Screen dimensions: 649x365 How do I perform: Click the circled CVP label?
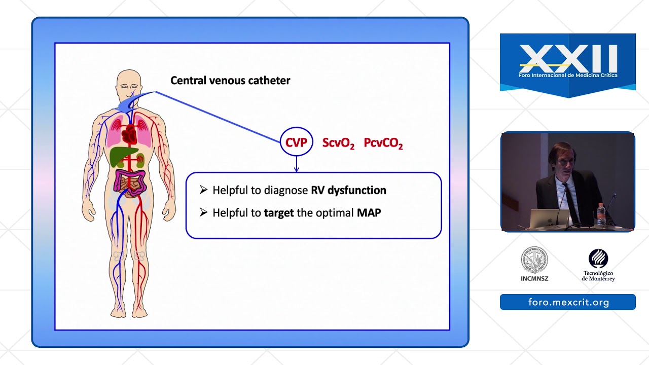297,141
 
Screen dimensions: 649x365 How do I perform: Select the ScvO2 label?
338,143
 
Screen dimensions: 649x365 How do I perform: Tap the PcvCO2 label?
383,143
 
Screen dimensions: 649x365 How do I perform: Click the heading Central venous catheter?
230,81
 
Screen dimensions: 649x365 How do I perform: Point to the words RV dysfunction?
348,190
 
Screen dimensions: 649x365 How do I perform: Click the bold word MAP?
369,212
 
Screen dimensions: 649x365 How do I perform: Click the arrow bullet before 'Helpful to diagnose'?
203,190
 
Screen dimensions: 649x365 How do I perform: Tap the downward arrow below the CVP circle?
297,164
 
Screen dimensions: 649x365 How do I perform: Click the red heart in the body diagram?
129,134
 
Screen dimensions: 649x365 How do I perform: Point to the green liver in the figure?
122,156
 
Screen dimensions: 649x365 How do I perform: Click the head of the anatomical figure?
129,84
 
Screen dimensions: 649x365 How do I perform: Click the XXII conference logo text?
568,59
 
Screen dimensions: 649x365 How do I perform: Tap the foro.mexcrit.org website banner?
568,302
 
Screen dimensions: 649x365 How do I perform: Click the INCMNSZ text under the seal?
534,279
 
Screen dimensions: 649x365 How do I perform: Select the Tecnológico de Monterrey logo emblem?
598,259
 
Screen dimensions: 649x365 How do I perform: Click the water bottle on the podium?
601,214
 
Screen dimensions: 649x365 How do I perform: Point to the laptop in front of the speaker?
549,218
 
